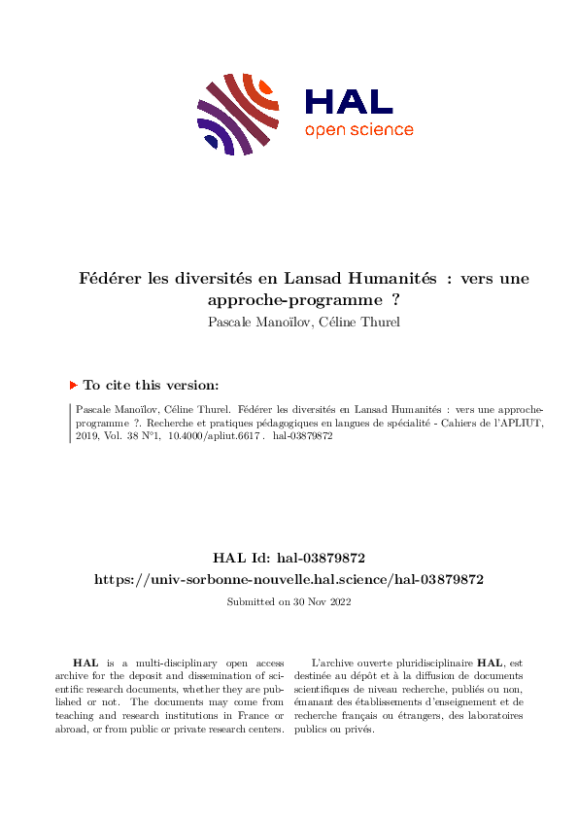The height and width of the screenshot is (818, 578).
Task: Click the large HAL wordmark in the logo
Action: (x=349, y=102)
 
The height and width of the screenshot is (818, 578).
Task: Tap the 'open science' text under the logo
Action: (x=358, y=130)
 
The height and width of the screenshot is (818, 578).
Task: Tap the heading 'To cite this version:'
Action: (x=151, y=386)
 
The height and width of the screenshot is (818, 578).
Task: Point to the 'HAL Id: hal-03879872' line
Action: (x=289, y=558)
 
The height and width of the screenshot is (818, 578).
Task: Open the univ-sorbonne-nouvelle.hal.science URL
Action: (x=289, y=579)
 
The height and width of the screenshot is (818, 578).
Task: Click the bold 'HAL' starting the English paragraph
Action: (x=86, y=662)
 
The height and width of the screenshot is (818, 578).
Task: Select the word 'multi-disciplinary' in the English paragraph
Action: (x=162, y=662)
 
